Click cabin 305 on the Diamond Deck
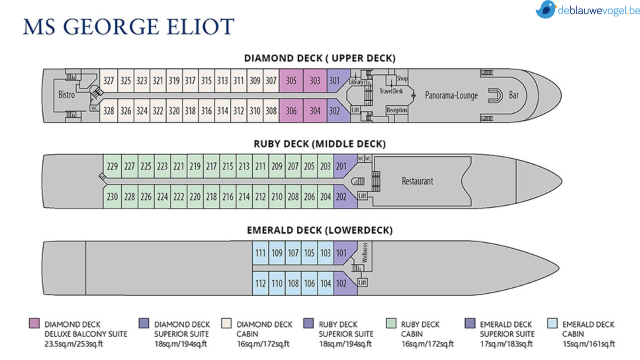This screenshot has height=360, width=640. pyautogui.click(x=291, y=81)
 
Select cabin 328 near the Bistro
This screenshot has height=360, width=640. pyautogui.click(x=108, y=111)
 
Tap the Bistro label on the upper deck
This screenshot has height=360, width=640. pyautogui.click(x=66, y=95)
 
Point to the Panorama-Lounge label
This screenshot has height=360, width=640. pyautogui.click(x=451, y=96)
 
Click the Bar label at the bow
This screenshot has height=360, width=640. pyautogui.click(x=514, y=95)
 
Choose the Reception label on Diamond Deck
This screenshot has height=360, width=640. pyautogui.click(x=397, y=110)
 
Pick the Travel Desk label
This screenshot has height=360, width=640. pyautogui.click(x=391, y=91)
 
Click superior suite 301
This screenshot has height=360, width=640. pyautogui.click(x=334, y=81)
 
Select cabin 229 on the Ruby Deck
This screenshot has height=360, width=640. pyautogui.click(x=112, y=166)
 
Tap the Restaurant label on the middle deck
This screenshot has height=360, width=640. pyautogui.click(x=417, y=181)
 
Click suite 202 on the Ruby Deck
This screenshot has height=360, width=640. pyautogui.click(x=341, y=197)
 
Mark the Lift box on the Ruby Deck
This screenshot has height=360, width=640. pyautogui.click(x=362, y=196)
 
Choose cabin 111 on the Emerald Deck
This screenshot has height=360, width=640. pyautogui.click(x=260, y=253)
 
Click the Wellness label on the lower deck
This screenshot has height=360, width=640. pyautogui.click(x=364, y=252)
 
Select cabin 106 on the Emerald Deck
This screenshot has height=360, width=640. pyautogui.click(x=309, y=284)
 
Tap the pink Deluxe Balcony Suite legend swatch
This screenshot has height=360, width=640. pyautogui.click(x=34, y=323)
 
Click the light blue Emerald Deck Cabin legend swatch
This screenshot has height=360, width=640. pyautogui.click(x=552, y=323)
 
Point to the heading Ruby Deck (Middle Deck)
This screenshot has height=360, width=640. pyautogui.click(x=320, y=144)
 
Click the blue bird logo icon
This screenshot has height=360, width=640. pyautogui.click(x=546, y=10)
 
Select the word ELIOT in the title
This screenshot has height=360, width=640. pyautogui.click(x=200, y=27)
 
